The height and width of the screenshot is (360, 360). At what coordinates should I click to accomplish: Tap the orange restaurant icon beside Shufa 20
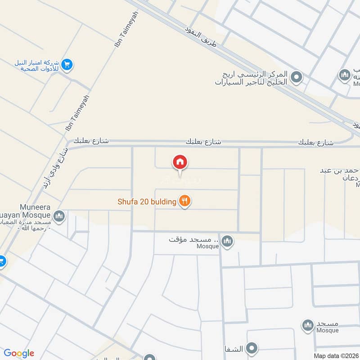pos(184,201)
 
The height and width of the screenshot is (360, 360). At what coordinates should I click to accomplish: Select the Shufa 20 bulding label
pos(147,202)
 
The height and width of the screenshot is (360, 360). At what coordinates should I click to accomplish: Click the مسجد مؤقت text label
pos(193,239)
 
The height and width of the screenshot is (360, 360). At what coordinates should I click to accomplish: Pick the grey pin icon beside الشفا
pos(252,348)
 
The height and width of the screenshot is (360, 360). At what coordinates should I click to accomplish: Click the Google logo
pos(19,353)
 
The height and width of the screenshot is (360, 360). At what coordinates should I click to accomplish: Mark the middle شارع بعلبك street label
pos(204,142)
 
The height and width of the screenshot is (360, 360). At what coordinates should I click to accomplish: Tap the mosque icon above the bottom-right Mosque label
pos(308,324)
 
